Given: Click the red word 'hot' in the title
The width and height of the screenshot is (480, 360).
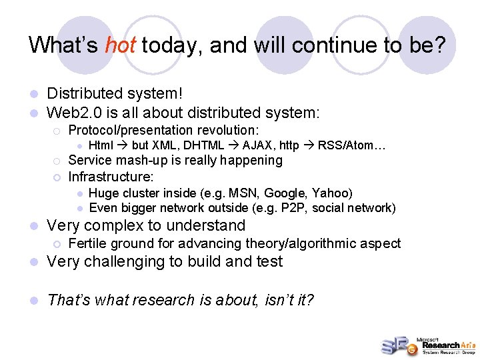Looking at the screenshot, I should click(121, 45).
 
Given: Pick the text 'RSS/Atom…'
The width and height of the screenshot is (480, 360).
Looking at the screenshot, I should click(352, 145).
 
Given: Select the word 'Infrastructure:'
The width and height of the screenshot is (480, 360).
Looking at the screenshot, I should click(111, 177).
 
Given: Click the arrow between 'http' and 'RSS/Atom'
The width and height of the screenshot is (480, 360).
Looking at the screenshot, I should click(309, 145).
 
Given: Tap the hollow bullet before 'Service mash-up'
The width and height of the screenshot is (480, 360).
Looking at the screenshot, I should click(57, 161).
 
